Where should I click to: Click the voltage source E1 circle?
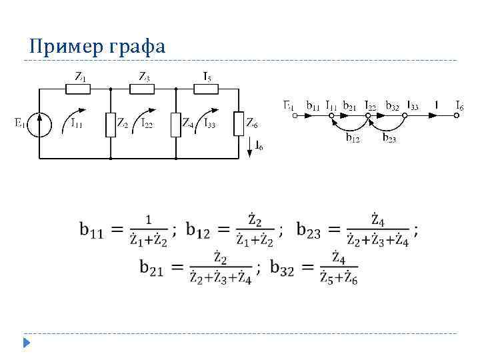[41, 124]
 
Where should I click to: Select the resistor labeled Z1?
[79, 87]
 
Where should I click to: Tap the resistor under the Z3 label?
[143, 87]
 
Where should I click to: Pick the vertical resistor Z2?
[111, 125]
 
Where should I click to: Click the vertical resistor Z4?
[175, 125]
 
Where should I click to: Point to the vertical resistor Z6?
[239, 125]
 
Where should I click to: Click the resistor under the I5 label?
[207, 87]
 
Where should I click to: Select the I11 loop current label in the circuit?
[77, 123]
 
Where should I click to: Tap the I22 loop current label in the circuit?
[149, 123]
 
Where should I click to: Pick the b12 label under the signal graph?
[353, 139]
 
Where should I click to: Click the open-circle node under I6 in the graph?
[457, 115]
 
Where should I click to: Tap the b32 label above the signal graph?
[393, 105]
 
